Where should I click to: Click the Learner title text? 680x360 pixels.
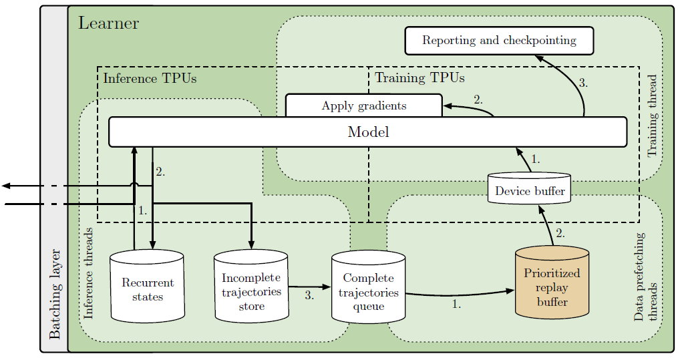(x=108, y=23)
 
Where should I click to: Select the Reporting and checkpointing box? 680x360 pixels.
(x=499, y=41)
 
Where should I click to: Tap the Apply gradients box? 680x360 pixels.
(x=363, y=106)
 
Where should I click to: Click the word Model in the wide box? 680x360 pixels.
(x=368, y=132)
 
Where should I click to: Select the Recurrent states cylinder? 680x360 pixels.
(x=147, y=287)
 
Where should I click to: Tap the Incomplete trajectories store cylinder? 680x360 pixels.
(x=251, y=287)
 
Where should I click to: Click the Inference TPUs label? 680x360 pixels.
(x=150, y=79)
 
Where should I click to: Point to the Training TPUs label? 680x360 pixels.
(x=419, y=78)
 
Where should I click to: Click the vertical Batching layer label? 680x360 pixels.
(x=55, y=295)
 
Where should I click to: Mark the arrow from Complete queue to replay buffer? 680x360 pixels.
(x=461, y=293)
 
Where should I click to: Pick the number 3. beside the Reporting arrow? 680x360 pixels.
(x=583, y=83)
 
